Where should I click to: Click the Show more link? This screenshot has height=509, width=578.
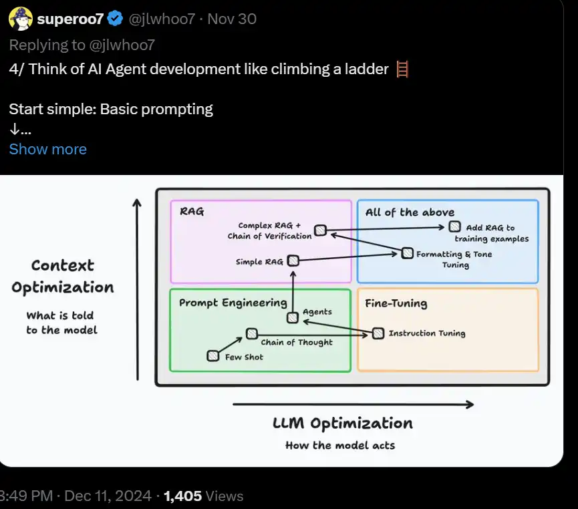pos(47,149)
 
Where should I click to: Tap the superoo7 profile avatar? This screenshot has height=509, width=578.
pos(21,19)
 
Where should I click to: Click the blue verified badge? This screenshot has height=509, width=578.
pos(115,19)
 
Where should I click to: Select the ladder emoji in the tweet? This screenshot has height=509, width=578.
pos(402,69)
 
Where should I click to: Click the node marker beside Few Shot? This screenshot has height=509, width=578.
pos(213,356)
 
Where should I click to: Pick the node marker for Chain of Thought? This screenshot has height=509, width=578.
pos(251,333)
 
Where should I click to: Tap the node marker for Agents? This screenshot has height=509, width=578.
pos(292,317)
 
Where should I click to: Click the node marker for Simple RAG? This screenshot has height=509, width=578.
pos(293,261)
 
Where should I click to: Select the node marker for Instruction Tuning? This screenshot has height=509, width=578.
pos(378,333)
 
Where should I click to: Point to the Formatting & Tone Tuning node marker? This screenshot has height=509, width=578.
pos(407,253)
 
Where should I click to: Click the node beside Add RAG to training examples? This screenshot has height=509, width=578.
pos(455,227)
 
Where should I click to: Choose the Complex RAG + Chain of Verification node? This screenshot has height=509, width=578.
pos(321,230)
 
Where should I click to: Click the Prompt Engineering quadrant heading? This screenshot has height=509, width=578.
pos(233,303)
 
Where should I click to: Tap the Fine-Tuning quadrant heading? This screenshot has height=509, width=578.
pos(396,303)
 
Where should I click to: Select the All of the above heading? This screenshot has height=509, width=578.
pos(410,212)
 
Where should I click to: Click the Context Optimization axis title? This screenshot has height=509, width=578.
pos(63,277)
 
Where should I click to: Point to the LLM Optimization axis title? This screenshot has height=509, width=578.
pos(342,423)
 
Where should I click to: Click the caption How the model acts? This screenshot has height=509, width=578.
pos(340,446)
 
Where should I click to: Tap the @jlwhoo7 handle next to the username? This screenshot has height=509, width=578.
pos(162,19)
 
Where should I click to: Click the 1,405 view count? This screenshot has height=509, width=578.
pos(182,496)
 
